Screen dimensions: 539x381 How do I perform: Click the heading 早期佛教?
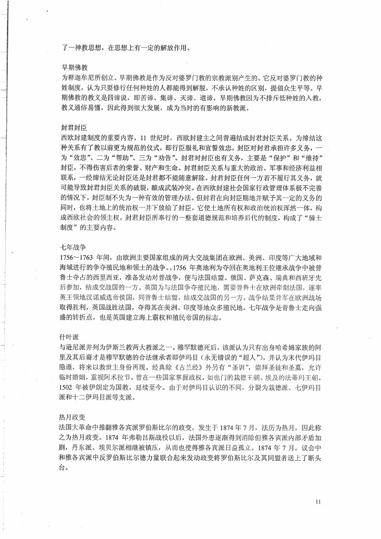pyautogui.click(x=73, y=67)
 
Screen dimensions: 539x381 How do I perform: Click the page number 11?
pyautogui.click(x=318, y=502)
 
